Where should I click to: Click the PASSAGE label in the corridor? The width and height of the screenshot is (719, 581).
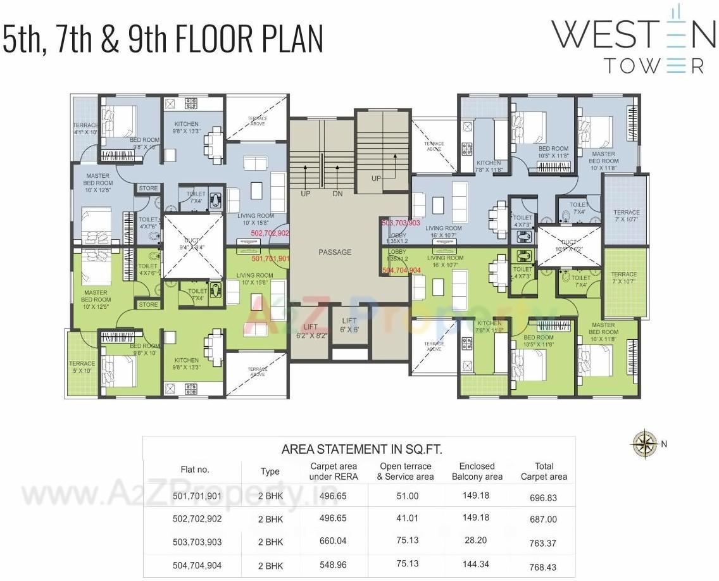tap(335, 253)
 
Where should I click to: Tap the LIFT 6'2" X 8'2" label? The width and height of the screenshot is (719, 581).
tap(311, 331)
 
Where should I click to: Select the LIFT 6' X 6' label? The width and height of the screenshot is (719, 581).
tap(349, 325)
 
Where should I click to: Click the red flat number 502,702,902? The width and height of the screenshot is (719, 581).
tap(270, 234)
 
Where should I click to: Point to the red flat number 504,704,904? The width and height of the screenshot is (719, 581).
tap(401, 270)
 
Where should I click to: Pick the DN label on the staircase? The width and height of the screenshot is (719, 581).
tap(337, 194)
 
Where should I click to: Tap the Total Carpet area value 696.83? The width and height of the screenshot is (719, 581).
tap(543, 498)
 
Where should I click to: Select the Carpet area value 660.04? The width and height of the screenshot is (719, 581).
tap(333, 541)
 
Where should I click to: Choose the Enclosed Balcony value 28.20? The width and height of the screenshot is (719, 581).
tap(475, 541)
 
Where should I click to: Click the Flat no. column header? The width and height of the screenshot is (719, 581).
tap(195, 470)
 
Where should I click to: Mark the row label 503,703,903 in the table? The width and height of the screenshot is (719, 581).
tap(197, 542)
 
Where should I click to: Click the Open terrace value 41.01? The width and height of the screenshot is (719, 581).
tap(407, 518)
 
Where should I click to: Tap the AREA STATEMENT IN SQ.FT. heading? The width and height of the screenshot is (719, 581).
tap(361, 450)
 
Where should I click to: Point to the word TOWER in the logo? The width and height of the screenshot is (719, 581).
tap(654, 65)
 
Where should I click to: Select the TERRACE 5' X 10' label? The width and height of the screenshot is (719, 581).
tap(82, 367)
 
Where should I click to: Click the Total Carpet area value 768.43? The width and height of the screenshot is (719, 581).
tap(543, 567)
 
